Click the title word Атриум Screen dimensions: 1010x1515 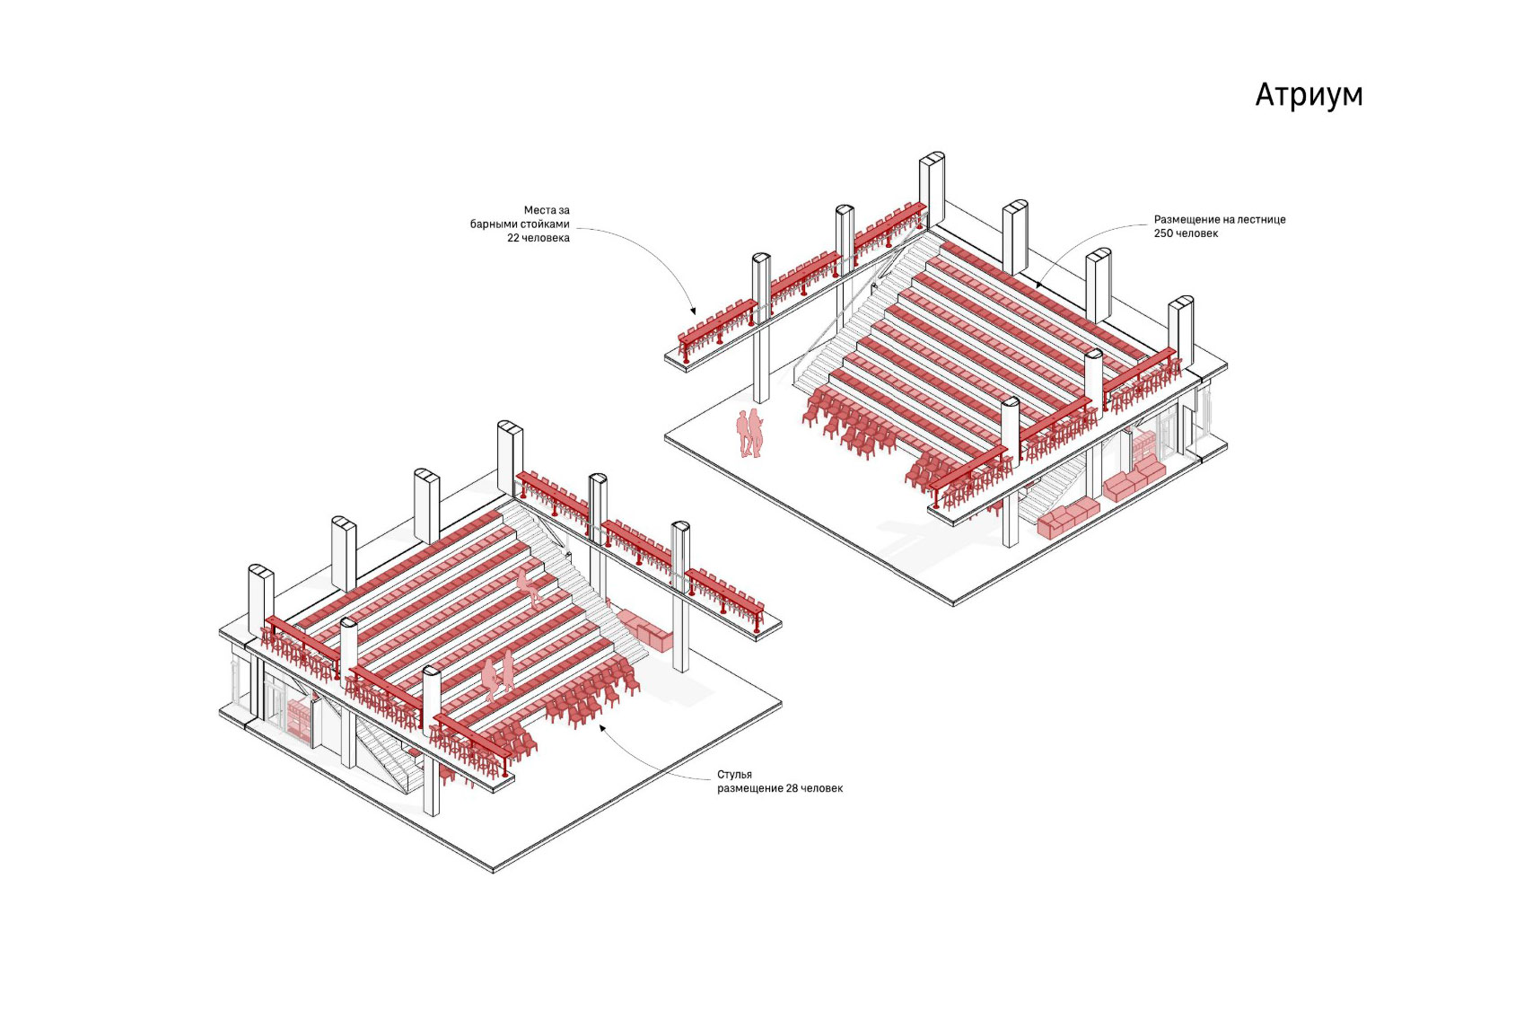tap(1309, 95)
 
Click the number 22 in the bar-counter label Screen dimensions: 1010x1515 tap(514, 238)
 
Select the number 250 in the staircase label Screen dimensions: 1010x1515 tap(1164, 233)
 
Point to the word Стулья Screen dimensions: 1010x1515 tap(734, 774)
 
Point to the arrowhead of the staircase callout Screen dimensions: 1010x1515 tap(1038, 285)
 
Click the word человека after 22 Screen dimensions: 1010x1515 tap(547, 238)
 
